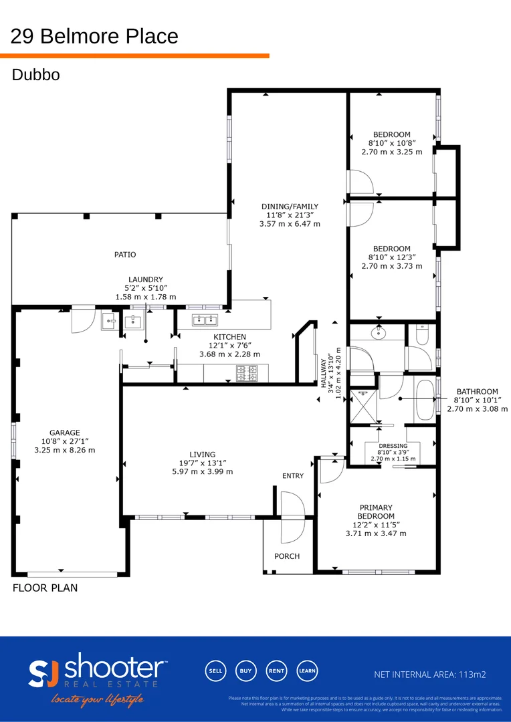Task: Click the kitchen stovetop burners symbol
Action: (246, 373)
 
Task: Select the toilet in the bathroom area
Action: (421, 334)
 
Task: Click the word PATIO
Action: (124, 255)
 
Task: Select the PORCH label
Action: (287, 556)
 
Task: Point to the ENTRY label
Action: (292, 476)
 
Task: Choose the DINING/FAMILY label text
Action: (290, 207)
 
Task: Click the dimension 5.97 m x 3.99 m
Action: (202, 471)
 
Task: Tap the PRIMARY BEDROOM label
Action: (375, 512)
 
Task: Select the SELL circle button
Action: (215, 671)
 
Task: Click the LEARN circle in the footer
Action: (307, 671)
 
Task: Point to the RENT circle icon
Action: (276, 671)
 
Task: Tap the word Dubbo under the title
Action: (35, 75)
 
